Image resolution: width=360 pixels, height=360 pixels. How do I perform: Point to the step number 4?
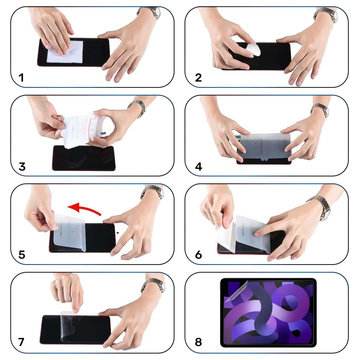199,166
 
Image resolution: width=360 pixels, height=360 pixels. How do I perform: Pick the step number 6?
199,254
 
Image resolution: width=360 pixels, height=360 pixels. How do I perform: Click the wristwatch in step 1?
150,13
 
